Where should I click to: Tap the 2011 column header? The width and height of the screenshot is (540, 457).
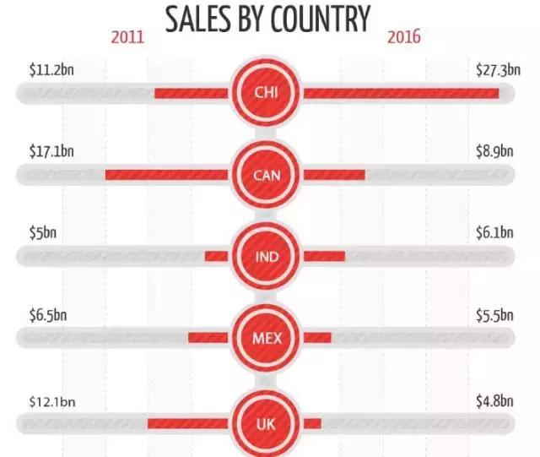click(127, 37)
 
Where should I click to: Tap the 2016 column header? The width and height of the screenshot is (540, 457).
click(404, 37)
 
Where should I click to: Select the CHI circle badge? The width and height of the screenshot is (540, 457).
click(266, 93)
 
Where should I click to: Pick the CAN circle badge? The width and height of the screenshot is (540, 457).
click(266, 175)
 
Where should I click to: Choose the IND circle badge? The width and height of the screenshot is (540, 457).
click(266, 257)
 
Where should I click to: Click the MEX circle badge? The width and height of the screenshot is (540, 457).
click(266, 338)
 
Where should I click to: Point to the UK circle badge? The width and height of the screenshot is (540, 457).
click(266, 422)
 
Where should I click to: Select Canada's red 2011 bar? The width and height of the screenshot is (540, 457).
click(165, 175)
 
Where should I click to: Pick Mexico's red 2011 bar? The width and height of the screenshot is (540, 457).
click(208, 338)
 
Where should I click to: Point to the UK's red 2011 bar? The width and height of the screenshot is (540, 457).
click(186, 422)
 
